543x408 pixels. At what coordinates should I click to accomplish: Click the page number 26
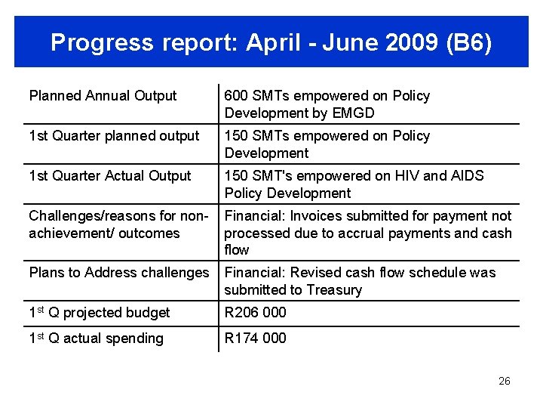(x=505, y=381)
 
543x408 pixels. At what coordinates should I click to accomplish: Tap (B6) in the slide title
(x=469, y=43)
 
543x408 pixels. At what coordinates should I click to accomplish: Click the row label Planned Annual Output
(x=103, y=96)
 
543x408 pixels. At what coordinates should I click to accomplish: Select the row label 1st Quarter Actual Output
(x=110, y=176)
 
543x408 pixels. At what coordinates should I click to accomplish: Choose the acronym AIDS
(x=468, y=176)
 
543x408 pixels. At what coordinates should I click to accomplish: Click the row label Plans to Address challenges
(x=118, y=273)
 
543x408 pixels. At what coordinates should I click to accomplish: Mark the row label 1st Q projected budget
(x=100, y=313)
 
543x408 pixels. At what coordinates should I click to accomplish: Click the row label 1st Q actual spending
(x=96, y=338)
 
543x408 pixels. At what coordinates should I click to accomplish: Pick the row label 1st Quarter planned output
(x=114, y=136)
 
